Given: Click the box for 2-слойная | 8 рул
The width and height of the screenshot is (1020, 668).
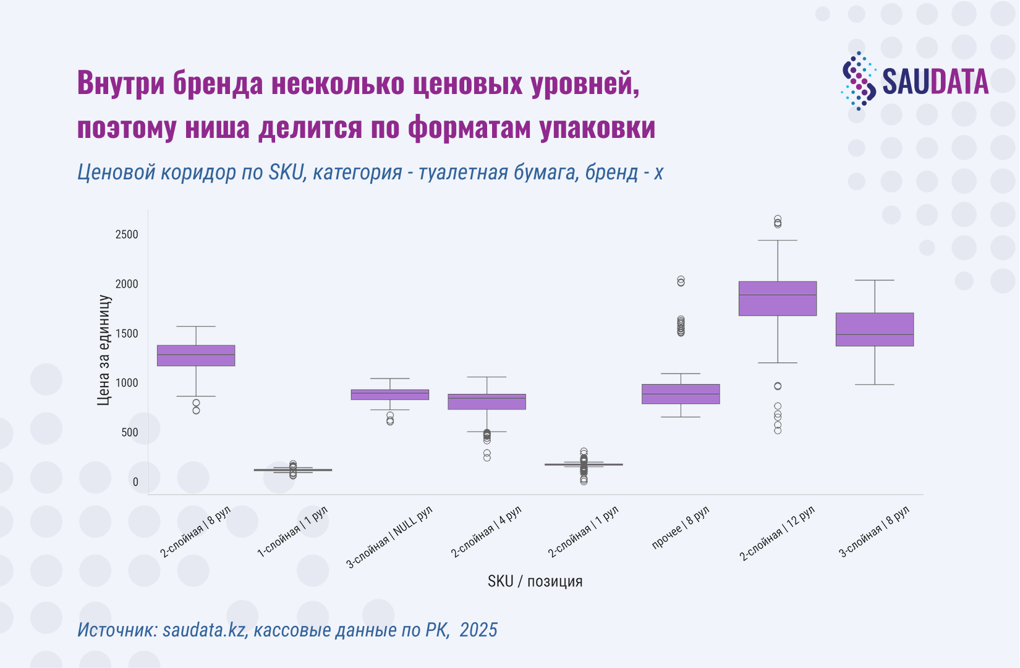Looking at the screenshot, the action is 196,356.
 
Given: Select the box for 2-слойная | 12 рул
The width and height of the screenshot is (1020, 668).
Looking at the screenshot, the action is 777,299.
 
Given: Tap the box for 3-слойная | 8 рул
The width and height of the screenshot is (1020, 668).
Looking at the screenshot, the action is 875,330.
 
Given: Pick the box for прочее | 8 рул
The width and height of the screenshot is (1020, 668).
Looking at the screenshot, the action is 681,394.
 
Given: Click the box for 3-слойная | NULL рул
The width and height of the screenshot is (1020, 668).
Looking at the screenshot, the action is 390,395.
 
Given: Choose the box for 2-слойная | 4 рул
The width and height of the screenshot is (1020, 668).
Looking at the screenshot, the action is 487,402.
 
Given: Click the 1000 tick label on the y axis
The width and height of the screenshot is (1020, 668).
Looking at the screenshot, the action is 127,383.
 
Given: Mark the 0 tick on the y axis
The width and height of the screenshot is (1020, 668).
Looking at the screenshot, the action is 135,482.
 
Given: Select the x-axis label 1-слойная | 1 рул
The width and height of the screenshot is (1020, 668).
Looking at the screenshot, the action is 293,532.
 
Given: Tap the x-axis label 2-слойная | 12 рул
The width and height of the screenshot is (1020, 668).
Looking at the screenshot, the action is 777,533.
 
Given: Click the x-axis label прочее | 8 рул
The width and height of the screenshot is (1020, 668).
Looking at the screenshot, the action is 681,527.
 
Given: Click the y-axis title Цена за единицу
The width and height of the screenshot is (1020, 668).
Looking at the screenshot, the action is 104,350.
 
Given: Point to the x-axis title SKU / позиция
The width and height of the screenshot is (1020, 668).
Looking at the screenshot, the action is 535,581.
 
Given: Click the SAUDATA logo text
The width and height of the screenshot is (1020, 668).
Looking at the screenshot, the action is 935,82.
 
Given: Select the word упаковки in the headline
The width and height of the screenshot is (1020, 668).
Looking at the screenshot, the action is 597,127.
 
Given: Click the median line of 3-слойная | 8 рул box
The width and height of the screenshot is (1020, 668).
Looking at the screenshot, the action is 875,335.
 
